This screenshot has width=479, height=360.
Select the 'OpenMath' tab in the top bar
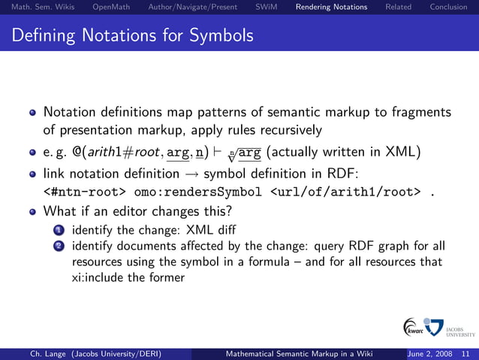coord(110,8)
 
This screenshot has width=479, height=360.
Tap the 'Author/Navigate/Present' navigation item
coord(193,8)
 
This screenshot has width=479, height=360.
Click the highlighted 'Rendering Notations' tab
coord(331,8)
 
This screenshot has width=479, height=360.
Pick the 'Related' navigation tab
coord(398,8)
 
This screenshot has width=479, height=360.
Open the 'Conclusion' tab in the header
coord(449,8)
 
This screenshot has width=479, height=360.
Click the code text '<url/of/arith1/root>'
coord(341,192)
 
